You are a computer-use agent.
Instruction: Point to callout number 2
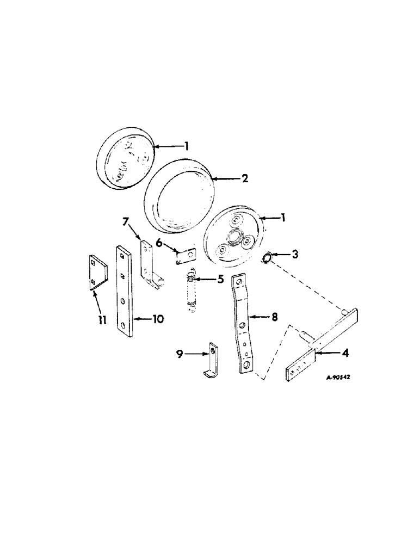pyautogui.click(x=245, y=178)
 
